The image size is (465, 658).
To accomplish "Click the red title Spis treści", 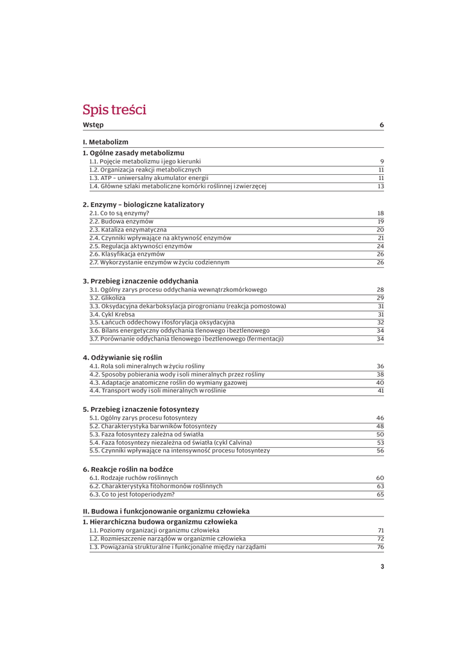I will pyautogui.click(x=114, y=110).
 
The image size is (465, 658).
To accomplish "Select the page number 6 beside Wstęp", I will pyautogui.click(x=382, y=125).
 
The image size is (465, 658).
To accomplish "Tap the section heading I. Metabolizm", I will pyautogui.click(x=105, y=142).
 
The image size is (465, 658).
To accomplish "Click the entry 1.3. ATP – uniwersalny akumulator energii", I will pyautogui.click(x=149, y=178).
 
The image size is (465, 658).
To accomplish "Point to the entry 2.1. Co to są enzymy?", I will pyautogui.click(x=119, y=213).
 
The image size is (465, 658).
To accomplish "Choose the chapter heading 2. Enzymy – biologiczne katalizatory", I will pyautogui.click(x=143, y=204).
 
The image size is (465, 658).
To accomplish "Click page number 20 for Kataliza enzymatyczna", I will pyautogui.click(x=380, y=229).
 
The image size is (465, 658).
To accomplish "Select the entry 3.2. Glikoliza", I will pyautogui.click(x=107, y=298).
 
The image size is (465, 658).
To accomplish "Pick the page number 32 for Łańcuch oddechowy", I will pyautogui.click(x=380, y=323).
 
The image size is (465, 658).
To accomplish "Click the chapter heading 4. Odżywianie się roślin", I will pyautogui.click(x=123, y=357).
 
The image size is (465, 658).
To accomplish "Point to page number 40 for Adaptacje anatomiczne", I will pyautogui.click(x=380, y=383).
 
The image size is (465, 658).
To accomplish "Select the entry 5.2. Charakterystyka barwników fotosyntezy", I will pyautogui.click(x=153, y=426).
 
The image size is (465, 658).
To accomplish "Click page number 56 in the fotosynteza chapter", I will pyautogui.click(x=380, y=451).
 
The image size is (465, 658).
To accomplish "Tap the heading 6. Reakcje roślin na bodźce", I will pyautogui.click(x=128, y=469).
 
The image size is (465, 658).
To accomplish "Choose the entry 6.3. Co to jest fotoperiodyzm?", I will pyautogui.click(x=132, y=495).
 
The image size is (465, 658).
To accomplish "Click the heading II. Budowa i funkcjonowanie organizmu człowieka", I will pyautogui.click(x=166, y=511).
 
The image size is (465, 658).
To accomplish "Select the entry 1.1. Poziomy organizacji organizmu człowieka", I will pyautogui.click(x=154, y=531).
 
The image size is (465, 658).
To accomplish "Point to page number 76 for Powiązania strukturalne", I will pyautogui.click(x=380, y=547).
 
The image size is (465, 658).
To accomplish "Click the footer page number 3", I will pyautogui.click(x=382, y=567).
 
